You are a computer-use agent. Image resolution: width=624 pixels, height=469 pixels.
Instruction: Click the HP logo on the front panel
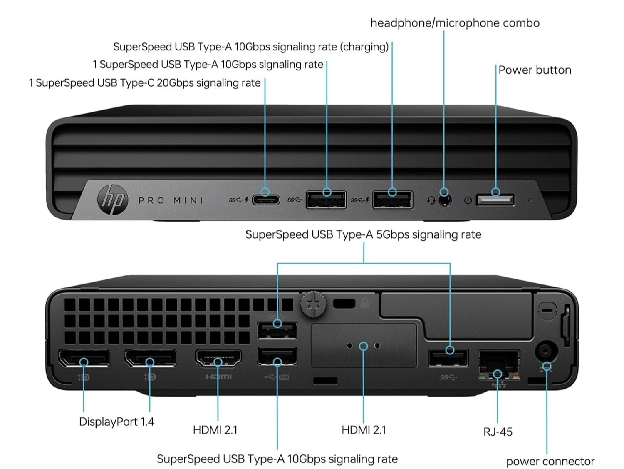point(113,200)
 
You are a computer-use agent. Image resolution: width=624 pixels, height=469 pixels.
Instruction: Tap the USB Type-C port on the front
point(266,200)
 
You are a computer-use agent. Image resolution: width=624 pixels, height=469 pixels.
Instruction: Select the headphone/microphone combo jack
point(445,200)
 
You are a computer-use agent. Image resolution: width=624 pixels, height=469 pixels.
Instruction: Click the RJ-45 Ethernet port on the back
point(499,363)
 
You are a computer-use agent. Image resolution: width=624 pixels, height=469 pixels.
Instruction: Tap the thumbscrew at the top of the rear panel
point(313,304)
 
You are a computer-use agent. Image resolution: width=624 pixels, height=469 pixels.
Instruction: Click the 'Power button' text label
point(535,70)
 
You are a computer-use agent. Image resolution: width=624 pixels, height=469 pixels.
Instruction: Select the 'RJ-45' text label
point(498,432)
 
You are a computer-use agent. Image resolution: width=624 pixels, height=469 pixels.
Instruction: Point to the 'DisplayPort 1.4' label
point(116,422)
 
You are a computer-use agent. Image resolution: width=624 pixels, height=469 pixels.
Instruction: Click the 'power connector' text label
point(550,461)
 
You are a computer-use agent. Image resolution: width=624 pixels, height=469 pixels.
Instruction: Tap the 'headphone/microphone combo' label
point(455,23)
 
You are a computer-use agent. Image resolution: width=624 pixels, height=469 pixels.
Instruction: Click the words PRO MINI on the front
point(171,200)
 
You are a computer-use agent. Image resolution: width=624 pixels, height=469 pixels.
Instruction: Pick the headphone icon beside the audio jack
point(431,200)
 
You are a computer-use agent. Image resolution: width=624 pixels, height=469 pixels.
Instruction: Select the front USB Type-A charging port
point(392,200)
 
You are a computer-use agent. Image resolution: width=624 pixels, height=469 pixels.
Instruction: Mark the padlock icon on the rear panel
point(365,302)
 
